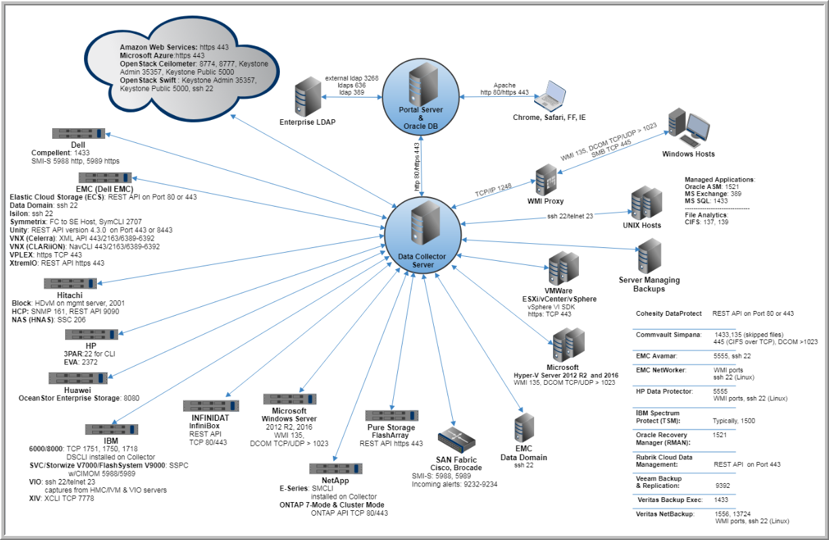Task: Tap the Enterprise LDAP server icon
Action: coord(308,96)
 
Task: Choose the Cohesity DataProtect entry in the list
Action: coord(667,314)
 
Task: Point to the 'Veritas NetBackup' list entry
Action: coord(668,514)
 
